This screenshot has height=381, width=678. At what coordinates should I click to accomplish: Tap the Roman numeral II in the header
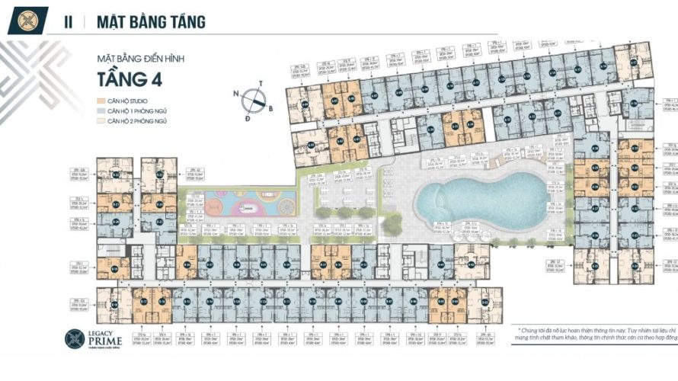pos(69,22)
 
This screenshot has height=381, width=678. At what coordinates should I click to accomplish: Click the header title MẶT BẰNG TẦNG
pos(151,22)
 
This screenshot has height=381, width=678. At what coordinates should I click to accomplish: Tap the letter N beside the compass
pos(236,94)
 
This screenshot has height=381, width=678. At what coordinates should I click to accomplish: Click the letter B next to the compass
pos(271,108)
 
